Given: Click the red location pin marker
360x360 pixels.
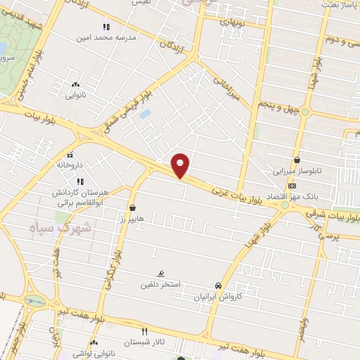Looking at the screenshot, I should [x=181, y=165].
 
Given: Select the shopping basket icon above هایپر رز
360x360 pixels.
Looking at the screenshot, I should [x=132, y=207].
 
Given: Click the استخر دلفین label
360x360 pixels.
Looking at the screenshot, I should [x=160, y=285].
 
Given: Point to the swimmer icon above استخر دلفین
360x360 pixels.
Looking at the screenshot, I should [x=162, y=274].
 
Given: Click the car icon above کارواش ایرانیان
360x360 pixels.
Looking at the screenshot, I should [x=219, y=286].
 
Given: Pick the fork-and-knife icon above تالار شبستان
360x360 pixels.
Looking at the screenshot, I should [x=145, y=330].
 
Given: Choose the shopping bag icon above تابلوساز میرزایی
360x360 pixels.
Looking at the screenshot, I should [x=298, y=160].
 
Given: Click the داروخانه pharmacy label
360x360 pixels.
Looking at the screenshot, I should [x=70, y=165].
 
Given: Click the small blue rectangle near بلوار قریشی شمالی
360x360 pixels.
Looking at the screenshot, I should [x=145, y=112].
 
